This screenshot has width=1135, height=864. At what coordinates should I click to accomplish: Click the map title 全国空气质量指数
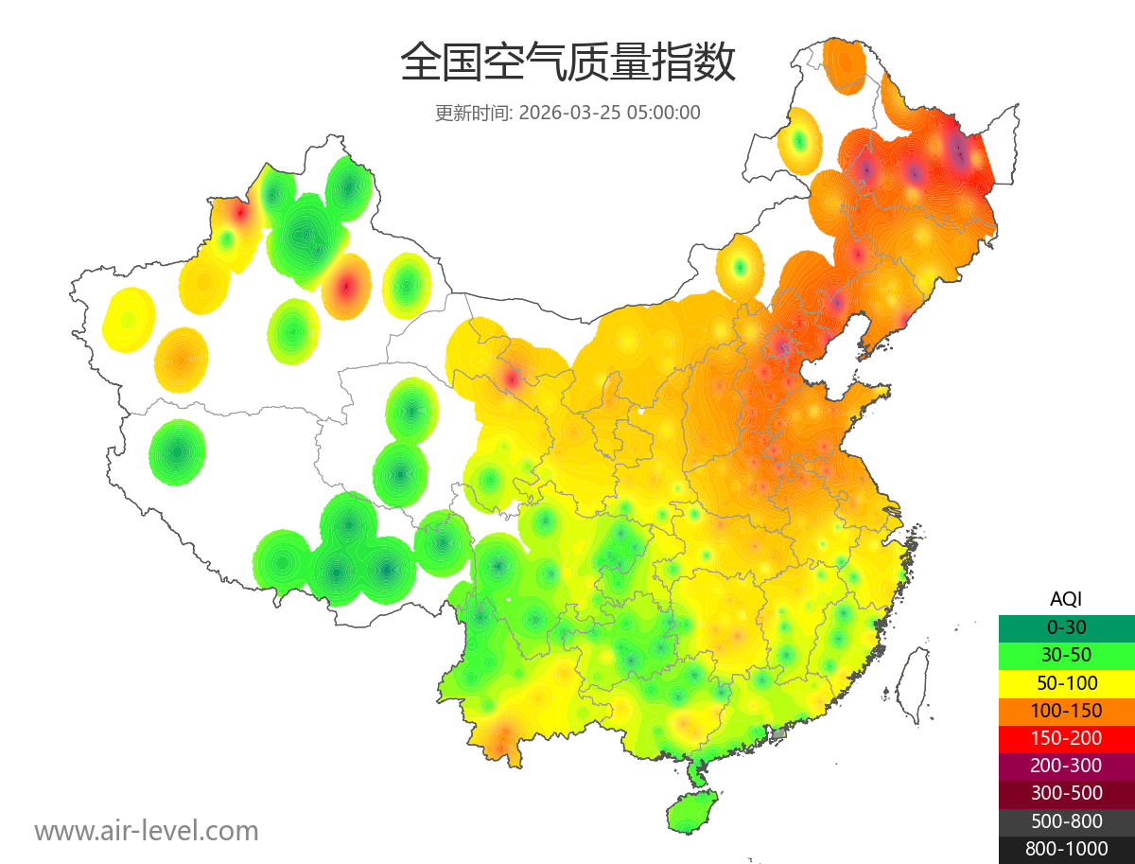[x=567, y=64]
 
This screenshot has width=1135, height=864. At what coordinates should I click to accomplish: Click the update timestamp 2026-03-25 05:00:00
[x=610, y=113]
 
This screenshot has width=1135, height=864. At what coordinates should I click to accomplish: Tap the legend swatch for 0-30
[x=1066, y=627]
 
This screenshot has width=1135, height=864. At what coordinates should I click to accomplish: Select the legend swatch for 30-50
[x=1066, y=655]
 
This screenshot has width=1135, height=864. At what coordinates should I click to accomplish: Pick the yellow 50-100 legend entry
[x=1066, y=682]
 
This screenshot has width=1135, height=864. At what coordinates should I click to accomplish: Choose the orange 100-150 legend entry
[x=1066, y=710]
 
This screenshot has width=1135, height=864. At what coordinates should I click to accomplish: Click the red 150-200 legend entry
[x=1066, y=738]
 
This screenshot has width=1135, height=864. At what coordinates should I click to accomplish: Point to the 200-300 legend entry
[x=1066, y=766]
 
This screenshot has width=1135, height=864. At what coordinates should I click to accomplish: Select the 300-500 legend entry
[x=1066, y=793]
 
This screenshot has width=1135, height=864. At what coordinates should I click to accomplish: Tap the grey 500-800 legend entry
[x=1066, y=821]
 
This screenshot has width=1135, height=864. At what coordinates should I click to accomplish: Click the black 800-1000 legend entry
[x=1066, y=849]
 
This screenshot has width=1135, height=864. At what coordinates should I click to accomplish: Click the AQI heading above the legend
[x=1066, y=599]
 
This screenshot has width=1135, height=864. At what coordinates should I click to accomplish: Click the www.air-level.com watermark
[x=147, y=831]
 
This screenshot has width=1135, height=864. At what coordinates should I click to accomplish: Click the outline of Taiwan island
[x=912, y=684]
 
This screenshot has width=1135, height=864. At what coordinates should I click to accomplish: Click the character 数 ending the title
[x=715, y=64]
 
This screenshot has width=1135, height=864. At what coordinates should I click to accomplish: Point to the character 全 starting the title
[x=420, y=64]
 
